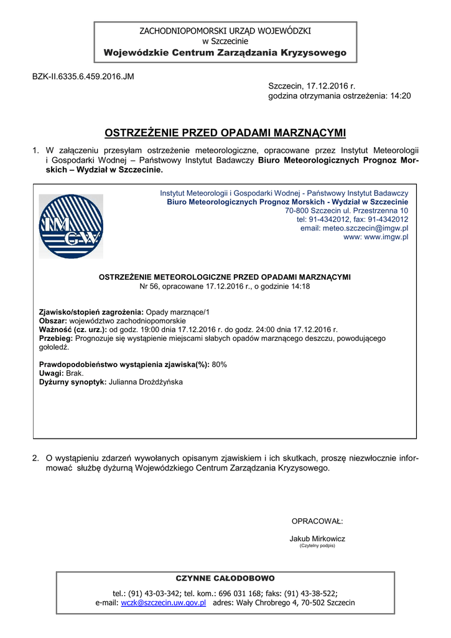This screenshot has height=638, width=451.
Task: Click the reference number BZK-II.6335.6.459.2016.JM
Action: (83, 77)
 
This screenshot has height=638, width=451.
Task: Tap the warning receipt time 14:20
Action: (400, 96)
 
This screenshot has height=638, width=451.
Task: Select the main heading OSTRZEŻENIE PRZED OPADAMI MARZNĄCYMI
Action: (225, 133)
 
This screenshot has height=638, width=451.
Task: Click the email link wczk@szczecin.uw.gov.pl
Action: (164, 603)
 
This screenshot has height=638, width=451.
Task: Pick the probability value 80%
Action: (220, 364)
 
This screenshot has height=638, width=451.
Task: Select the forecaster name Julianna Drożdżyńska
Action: (146, 381)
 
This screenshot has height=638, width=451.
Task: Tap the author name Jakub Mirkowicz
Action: (317, 538)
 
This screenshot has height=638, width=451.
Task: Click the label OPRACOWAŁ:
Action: (317, 521)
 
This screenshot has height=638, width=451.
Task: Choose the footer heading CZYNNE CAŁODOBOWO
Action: (225, 579)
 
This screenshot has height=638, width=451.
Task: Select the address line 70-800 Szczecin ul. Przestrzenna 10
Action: (346, 211)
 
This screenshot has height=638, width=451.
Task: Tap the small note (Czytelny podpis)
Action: (317, 546)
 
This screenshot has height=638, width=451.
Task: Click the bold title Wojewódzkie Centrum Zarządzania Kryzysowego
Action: (225, 53)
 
